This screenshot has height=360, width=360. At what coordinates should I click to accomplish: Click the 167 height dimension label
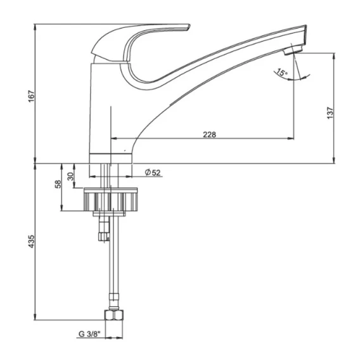(32, 96)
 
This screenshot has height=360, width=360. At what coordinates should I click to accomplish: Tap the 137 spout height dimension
(330, 113)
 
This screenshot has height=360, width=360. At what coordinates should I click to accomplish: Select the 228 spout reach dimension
(209, 134)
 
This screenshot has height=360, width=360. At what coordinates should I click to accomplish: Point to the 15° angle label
(281, 72)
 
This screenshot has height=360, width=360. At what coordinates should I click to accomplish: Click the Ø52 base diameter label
(153, 172)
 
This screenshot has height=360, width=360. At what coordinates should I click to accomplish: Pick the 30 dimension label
(71, 176)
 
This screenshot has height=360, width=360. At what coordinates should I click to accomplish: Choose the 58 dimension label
(58, 184)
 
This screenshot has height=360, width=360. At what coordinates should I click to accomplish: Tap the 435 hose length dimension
(32, 241)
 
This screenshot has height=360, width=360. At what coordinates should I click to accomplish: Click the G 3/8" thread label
(90, 334)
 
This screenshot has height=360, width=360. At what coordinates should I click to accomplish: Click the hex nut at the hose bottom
(114, 315)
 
